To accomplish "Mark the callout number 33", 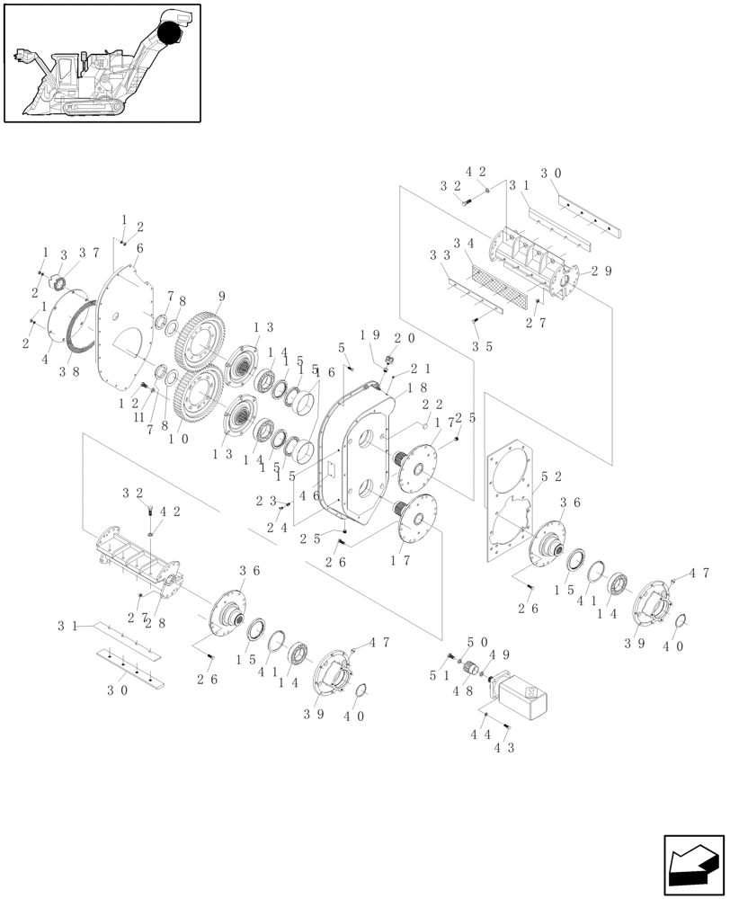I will [x=439, y=255].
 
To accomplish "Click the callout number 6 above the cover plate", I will [x=140, y=248].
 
